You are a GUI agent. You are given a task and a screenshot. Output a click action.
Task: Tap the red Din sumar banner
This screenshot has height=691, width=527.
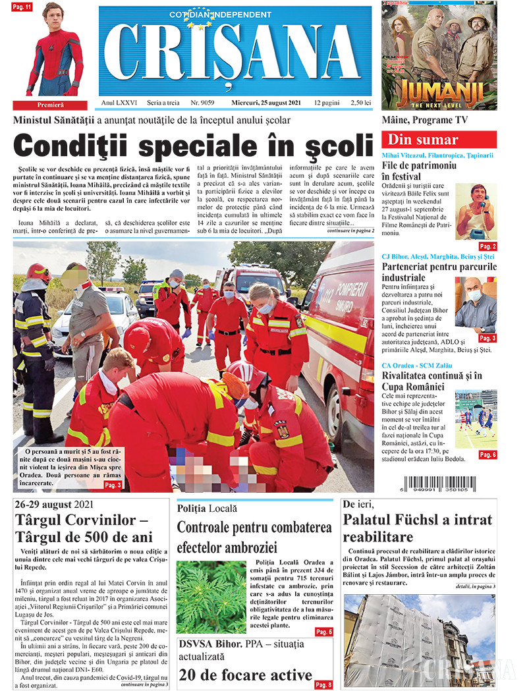click(439, 140)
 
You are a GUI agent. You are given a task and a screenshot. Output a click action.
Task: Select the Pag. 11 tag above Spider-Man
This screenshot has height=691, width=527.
click(24, 7)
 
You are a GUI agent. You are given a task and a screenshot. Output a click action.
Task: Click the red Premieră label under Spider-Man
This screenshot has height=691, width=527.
click(49, 105)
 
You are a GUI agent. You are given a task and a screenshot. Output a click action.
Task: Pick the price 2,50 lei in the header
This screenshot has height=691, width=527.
click(361, 103)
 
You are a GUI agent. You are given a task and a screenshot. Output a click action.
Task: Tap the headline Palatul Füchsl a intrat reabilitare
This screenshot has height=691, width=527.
click(418, 528)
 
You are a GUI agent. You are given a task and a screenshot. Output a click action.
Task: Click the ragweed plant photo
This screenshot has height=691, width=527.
click(211, 597)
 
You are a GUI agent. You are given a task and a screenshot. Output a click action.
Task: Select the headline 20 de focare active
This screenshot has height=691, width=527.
click(245, 675)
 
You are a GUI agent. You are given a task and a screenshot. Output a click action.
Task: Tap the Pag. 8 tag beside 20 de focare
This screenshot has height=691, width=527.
click(323, 684)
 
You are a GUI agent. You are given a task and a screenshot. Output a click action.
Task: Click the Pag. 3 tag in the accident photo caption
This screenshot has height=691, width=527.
click(113, 485)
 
